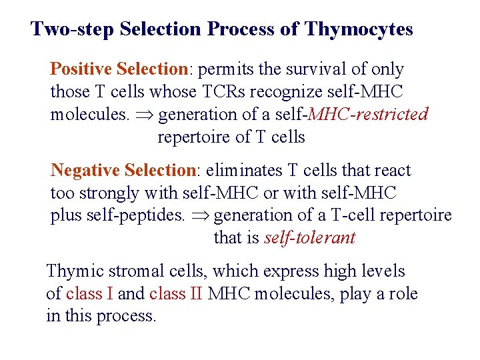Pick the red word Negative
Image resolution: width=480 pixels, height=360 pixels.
pyautogui.click(x=83, y=171)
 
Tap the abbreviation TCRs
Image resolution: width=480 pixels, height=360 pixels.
pyautogui.click(x=225, y=92)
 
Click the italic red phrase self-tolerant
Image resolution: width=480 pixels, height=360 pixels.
pyautogui.click(x=309, y=238)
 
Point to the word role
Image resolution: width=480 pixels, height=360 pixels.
pyautogui.click(x=403, y=294)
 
